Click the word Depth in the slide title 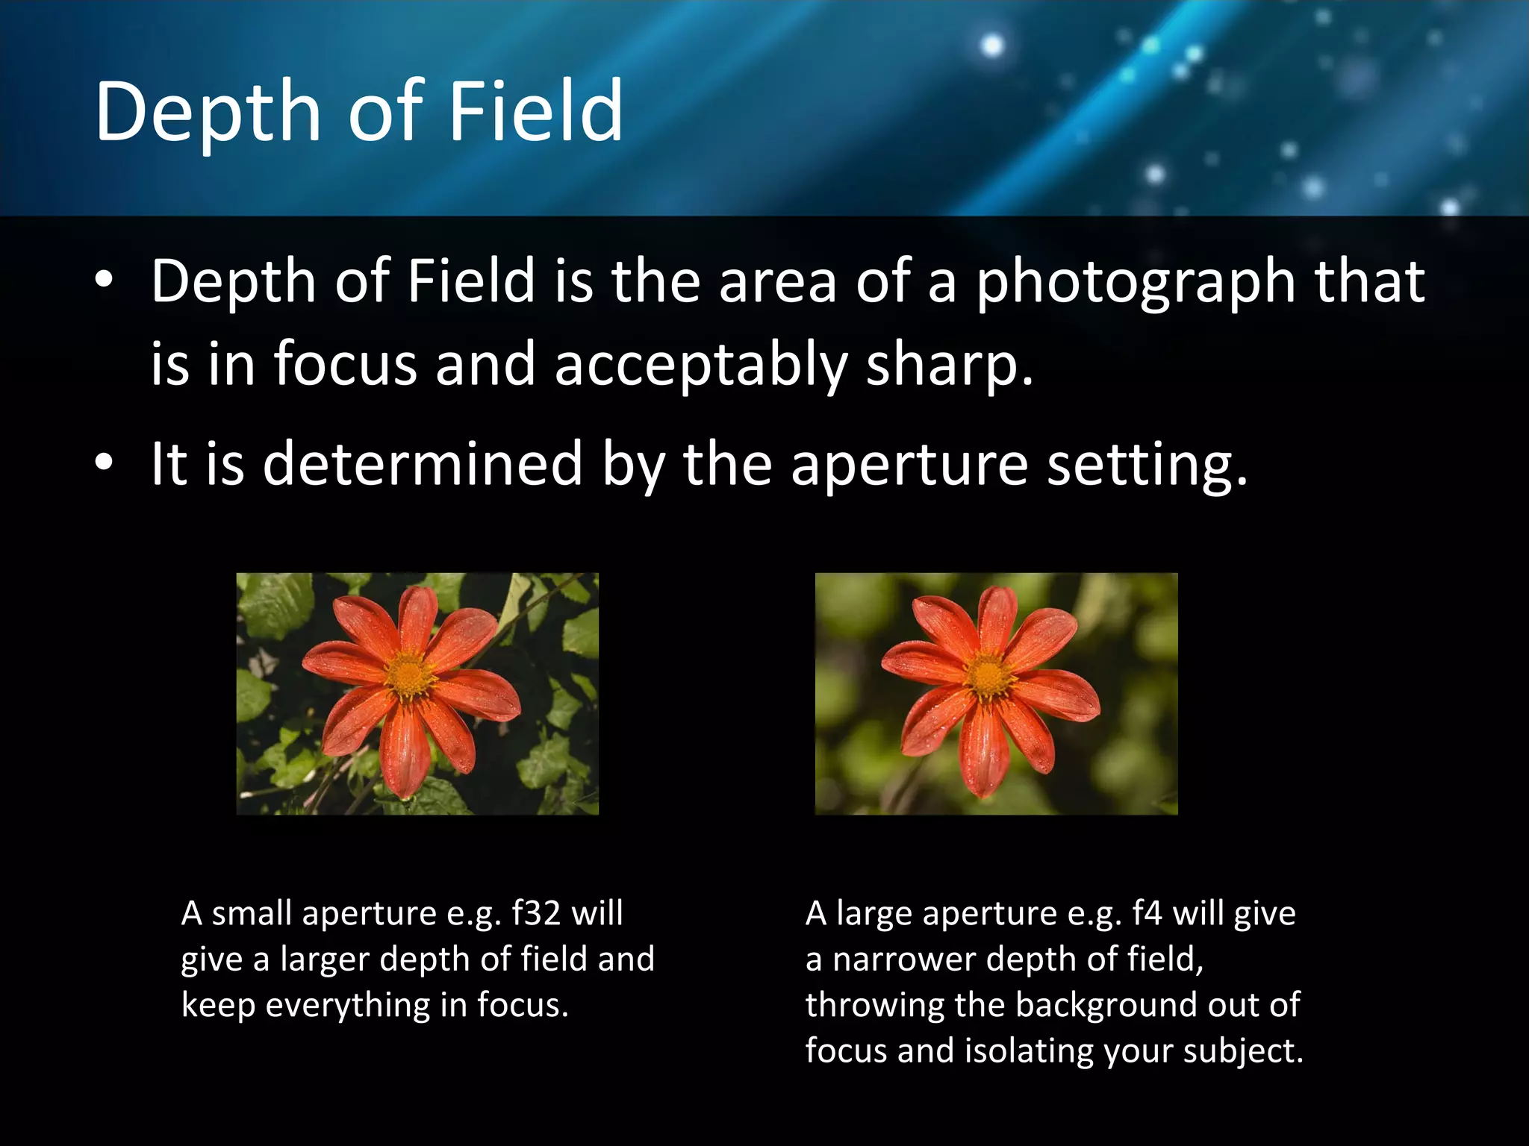pos(208,112)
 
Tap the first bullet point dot pos(104,281)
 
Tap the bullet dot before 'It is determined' pos(104,463)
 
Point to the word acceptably pos(700,366)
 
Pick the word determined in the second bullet pos(423,464)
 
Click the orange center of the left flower pos(409,675)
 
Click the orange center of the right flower pos(989,677)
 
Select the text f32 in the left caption pos(536,913)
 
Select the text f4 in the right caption pos(1146,913)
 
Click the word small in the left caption pos(251,913)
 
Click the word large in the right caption pos(875,913)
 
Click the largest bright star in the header pos(991,46)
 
